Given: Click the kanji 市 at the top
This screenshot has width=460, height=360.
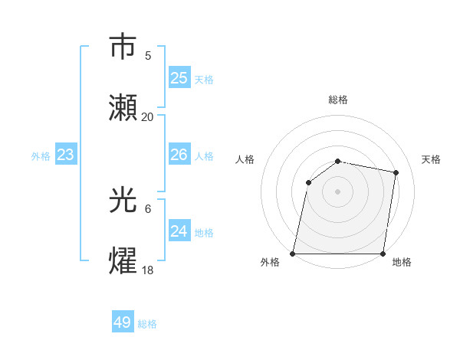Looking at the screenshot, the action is (x=123, y=47).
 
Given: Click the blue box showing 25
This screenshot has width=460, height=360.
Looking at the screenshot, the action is (x=179, y=78).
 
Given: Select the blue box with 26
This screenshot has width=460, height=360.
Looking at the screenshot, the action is (x=179, y=155).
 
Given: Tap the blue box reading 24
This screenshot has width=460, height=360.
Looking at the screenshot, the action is (x=179, y=231).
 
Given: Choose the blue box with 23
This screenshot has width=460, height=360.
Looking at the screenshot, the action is (x=65, y=155).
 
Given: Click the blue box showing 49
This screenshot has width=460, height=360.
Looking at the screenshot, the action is (x=123, y=322).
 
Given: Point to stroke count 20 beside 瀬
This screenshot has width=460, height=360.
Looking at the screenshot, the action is (x=148, y=116).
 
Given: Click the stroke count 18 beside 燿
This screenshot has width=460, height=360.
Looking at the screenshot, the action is (x=148, y=270).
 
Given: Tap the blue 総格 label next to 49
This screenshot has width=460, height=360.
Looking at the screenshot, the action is (x=147, y=324).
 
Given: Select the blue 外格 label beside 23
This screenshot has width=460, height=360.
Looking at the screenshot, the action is (x=41, y=156).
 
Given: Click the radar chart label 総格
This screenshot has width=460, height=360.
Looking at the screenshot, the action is (x=338, y=100).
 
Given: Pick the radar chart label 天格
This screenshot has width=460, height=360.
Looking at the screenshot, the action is (x=431, y=159).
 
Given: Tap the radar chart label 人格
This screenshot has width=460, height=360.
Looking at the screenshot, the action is (x=245, y=159).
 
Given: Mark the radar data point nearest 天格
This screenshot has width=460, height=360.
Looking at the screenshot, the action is (x=396, y=173).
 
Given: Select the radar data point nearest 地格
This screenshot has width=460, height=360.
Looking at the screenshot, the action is (x=383, y=254).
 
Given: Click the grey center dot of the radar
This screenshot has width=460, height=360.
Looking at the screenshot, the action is (x=338, y=191).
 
